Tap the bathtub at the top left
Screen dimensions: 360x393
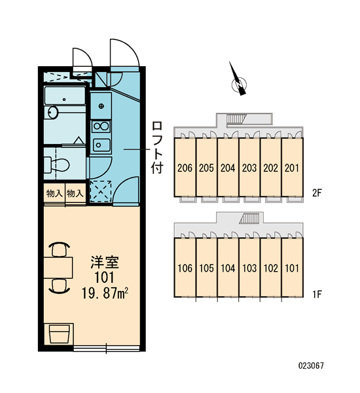[x=65, y=96]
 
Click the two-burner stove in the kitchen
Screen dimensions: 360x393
[x=101, y=126]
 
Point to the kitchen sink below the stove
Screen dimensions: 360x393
[x=101, y=145]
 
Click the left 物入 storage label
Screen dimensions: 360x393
[x=54, y=193]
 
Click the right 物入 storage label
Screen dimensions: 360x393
[x=75, y=193]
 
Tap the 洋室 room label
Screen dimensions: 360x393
[x=105, y=262]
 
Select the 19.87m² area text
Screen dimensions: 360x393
[x=105, y=293]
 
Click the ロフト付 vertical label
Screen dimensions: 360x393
[x=157, y=147]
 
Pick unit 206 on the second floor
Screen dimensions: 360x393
[x=185, y=167]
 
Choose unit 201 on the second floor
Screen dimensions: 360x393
[x=292, y=167]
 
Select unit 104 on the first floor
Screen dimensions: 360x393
[x=228, y=268]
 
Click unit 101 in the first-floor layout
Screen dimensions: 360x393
[x=292, y=268]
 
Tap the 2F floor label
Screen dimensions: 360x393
[x=317, y=193]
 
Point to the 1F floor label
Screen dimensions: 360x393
[x=317, y=294]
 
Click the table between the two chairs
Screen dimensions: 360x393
[x=58, y=267]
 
